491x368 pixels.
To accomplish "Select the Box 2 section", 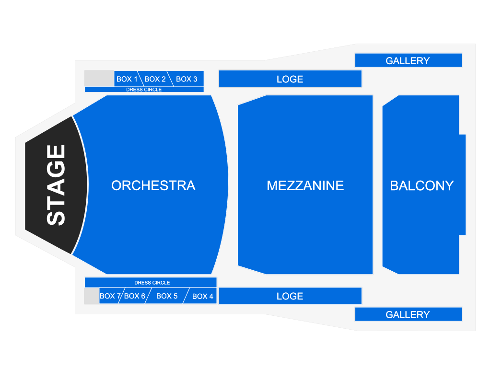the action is pos(155,79).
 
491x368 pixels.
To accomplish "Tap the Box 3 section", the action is pos(187,79).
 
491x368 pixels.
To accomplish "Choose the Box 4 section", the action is pos(201,296).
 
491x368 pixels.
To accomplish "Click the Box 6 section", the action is pos(135,296).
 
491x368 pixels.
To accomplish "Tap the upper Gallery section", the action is pos(409,60).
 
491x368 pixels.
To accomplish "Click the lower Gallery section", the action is pos(409,314).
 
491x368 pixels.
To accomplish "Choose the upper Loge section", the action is pos(290,79).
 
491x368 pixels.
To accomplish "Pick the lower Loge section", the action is pos(290,296).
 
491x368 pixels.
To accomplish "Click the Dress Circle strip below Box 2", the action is pos(144,90).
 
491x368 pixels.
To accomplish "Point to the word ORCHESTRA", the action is pos(153,185).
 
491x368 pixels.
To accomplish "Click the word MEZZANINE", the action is pos(305,185).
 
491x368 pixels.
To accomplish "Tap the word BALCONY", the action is pos(422,185).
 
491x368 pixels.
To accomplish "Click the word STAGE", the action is pos(56,185).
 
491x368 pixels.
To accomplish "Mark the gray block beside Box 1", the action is pos(99,79).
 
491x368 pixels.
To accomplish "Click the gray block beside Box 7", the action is pos(92,296).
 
